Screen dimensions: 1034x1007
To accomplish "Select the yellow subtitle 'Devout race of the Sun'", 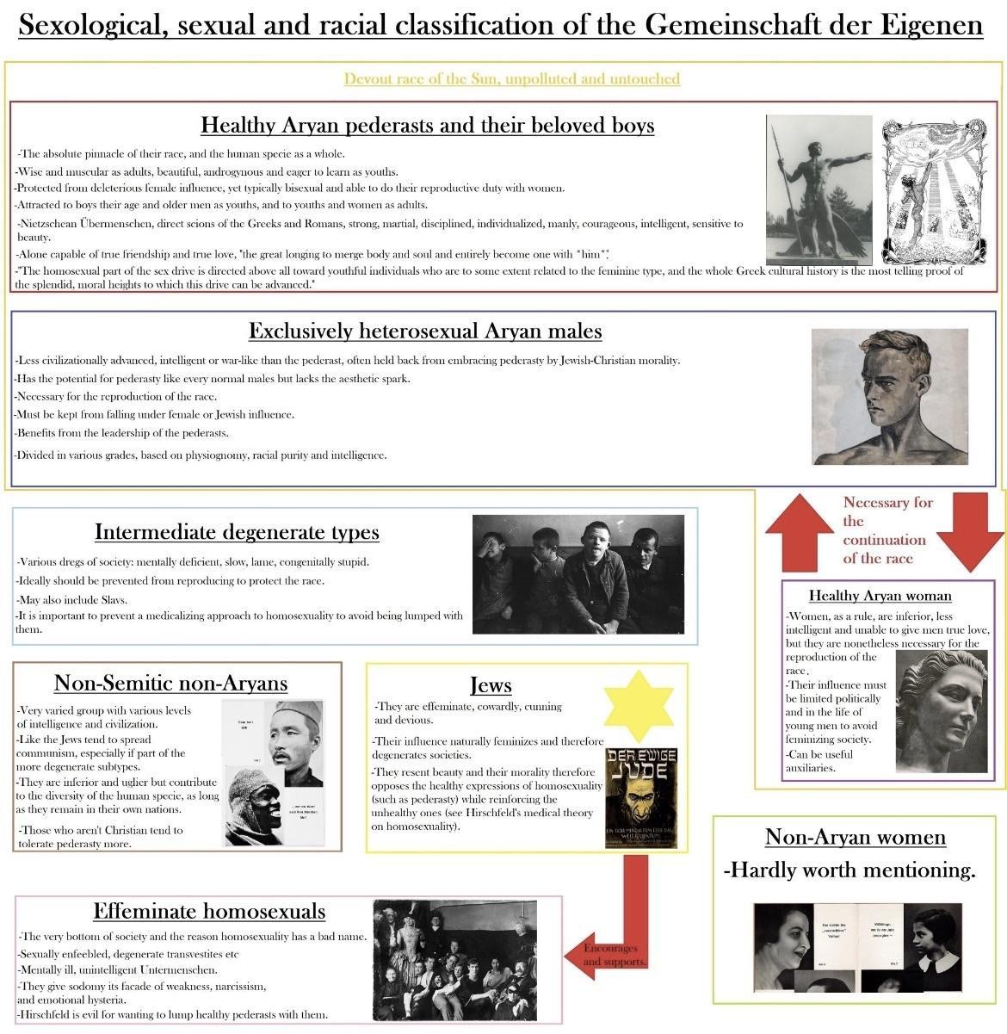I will click(511, 79).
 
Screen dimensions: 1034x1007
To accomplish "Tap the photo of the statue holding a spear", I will click(819, 189).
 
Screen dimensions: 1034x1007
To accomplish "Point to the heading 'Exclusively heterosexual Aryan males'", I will click(425, 331).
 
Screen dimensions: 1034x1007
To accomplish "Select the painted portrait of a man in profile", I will click(889, 396).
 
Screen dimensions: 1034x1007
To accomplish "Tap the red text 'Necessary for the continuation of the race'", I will click(884, 530).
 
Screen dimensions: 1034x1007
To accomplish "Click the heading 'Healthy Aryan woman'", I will click(880, 596).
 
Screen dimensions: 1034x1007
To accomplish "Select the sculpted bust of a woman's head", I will click(941, 710).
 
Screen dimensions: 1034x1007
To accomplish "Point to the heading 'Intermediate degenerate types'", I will click(237, 532).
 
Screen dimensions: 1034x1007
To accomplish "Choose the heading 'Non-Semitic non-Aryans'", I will click(170, 684).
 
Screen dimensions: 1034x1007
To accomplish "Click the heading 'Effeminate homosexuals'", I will click(209, 911).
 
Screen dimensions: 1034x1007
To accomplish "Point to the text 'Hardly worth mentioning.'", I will click(849, 870).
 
